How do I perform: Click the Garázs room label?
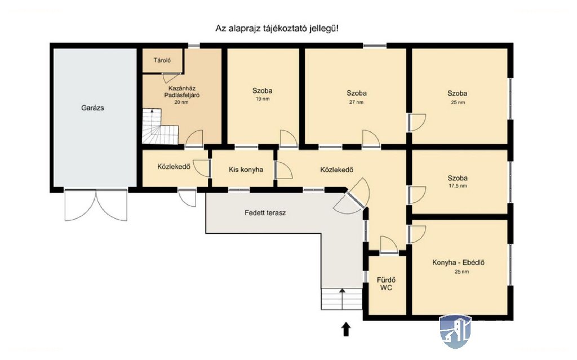coord(92,108)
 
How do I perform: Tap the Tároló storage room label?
coord(162,60)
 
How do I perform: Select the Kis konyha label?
coord(246,170)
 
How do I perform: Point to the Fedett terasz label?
coord(265,213)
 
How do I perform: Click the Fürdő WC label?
coord(386,284)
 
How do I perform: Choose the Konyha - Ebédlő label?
coord(458,263)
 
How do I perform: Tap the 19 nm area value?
coord(263,99)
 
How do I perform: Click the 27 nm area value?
coord(356,103)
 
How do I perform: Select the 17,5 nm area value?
coord(458,186)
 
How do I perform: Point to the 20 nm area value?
coord(181,102)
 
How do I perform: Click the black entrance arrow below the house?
coord(346,329)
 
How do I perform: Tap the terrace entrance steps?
coord(342,299)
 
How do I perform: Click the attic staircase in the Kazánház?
coord(160,126)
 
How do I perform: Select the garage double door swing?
coord(96,206)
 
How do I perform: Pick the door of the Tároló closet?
coord(171,77)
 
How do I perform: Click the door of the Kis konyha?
coord(284,171)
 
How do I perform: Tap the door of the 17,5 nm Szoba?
coord(417,195)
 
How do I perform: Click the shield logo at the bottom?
coord(455,331)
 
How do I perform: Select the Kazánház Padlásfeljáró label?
coord(181,92)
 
